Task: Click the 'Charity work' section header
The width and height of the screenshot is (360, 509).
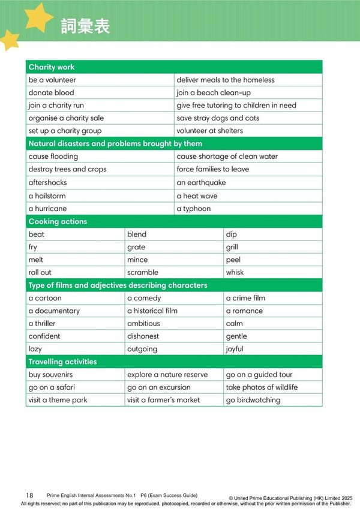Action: click(52, 67)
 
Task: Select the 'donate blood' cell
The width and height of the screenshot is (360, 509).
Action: click(52, 93)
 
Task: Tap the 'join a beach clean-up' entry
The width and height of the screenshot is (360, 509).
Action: click(214, 93)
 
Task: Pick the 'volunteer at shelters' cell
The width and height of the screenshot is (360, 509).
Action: click(209, 131)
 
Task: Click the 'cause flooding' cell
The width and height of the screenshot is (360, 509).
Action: click(53, 156)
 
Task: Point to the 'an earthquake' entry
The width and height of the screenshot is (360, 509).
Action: click(201, 182)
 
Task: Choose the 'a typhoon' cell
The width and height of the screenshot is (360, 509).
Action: click(194, 209)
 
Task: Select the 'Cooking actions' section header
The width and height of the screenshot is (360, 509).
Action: click(58, 221)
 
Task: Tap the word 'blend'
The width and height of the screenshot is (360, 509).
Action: click(137, 234)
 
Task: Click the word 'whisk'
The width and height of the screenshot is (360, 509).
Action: click(235, 272)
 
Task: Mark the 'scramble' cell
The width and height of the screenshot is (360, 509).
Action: click(143, 272)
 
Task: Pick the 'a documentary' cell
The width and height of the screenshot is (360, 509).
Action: click(54, 311)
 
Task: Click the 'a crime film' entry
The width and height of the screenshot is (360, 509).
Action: click(245, 298)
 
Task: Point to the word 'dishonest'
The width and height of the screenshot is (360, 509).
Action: click(143, 336)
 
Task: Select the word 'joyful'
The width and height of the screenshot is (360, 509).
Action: click(235, 349)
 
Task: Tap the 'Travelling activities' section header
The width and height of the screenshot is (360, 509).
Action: click(62, 362)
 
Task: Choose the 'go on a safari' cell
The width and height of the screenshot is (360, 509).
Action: click(52, 387)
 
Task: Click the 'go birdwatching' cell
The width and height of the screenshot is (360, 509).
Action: click(253, 400)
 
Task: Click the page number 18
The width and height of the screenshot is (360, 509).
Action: click(29, 495)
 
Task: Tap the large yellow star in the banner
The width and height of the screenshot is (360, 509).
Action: click(38, 16)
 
